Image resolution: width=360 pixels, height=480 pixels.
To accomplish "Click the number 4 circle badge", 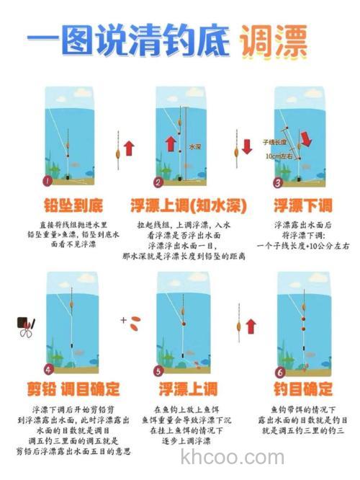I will tap(49, 369).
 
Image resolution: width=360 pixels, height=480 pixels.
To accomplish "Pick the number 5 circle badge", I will tap(159, 369).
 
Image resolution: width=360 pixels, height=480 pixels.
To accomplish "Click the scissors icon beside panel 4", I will tap(26, 328).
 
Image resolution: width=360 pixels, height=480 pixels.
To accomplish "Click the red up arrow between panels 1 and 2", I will tap(129, 148).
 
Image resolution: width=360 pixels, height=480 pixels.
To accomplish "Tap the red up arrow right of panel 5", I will tap(251, 327).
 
